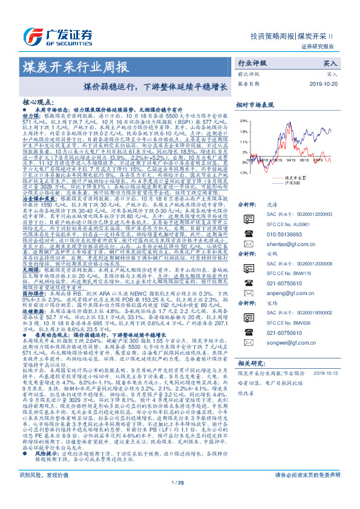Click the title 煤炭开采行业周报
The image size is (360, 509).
tap(75, 65)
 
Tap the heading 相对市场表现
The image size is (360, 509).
tap(256, 105)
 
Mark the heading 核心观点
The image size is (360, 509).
tap(41, 103)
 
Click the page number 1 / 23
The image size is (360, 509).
tap(180, 499)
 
